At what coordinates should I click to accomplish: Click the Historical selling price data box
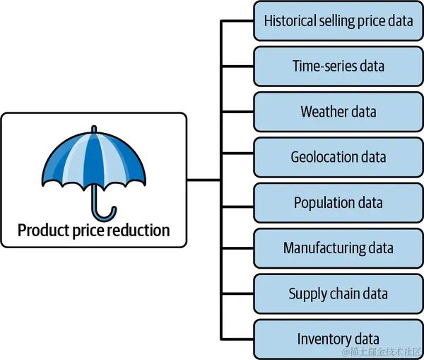(338, 21)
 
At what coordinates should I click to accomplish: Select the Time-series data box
(338, 66)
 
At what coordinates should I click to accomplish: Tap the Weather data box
(338, 112)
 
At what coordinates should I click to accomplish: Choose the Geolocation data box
(338, 157)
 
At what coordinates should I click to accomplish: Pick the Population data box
(338, 203)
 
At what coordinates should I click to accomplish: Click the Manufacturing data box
(338, 248)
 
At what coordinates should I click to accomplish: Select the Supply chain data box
(338, 294)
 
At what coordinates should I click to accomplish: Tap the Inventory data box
(338, 339)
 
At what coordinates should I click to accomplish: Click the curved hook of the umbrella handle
(104, 216)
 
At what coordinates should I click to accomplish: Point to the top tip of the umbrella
(94, 127)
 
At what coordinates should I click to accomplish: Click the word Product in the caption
(44, 231)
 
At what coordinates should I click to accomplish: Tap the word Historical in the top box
(290, 21)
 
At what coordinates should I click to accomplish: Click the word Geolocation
(324, 157)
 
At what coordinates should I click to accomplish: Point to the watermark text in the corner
(382, 352)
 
